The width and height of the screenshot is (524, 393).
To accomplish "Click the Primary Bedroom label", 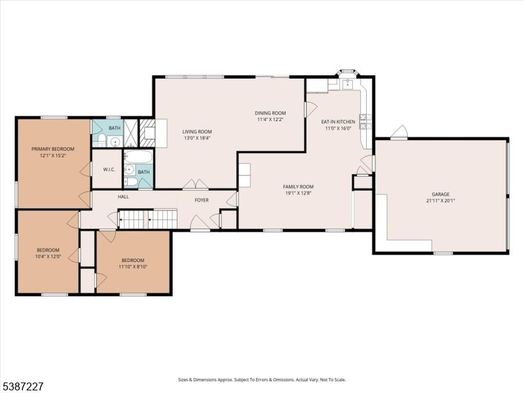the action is pos(53,149).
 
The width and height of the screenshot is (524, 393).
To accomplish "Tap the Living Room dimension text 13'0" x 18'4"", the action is pos(197,138).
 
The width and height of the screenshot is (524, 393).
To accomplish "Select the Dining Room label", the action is pos(271,113).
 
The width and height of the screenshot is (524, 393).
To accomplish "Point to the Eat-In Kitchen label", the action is pos(338,122).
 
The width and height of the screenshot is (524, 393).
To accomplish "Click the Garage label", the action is pos(440,194).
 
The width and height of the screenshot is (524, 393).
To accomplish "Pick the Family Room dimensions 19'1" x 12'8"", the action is pos(298,193).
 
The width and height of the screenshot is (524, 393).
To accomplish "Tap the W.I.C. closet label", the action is pos(109,170).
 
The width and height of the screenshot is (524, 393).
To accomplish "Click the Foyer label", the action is pos(202,200).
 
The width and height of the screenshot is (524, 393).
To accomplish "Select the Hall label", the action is pos(123,197).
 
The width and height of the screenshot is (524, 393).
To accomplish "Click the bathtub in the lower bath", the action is pos(138,156).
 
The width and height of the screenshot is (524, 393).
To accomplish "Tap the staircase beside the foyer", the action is pos(148,219).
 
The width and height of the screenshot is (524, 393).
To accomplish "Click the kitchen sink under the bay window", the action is pos(348,84).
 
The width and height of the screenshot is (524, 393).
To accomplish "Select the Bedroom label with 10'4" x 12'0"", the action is pos(48,250).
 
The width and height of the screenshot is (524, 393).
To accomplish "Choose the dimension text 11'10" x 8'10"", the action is pos(133,267).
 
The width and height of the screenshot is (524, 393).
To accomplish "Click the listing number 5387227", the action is pos(22,386).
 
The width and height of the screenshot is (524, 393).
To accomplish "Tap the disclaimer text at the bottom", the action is pos(261,380).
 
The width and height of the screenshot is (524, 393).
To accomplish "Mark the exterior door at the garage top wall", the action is pos(400,132).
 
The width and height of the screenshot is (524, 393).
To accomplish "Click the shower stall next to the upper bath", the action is pos(130,133).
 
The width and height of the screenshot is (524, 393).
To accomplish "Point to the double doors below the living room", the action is pos(195,185).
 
